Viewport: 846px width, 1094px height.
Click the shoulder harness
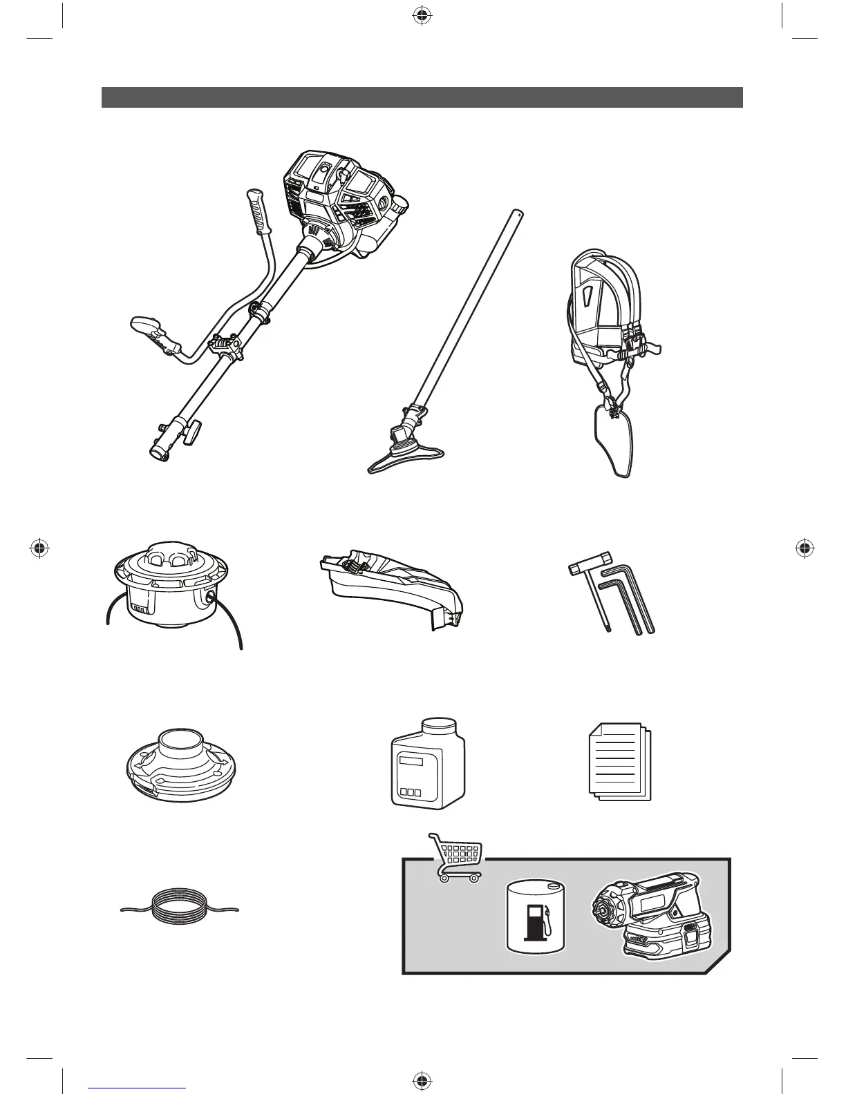[x=608, y=332]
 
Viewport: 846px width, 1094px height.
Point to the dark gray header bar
[x=422, y=97]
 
